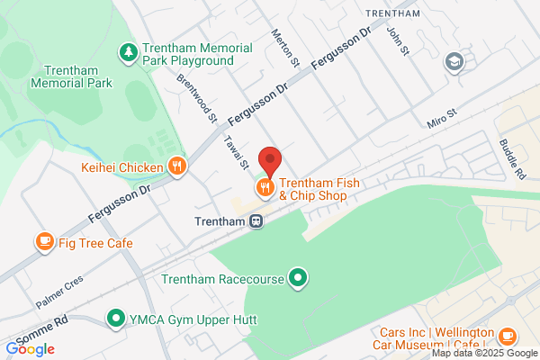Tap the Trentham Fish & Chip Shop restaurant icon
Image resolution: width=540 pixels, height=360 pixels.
[264, 187]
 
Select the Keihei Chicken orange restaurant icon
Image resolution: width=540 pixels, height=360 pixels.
[177, 166]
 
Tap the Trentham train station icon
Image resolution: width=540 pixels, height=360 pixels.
[256, 220]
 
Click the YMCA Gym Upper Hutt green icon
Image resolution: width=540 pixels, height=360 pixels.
[116, 318]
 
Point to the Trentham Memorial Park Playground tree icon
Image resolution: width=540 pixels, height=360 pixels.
[128, 53]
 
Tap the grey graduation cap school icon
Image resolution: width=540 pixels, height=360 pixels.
[454, 62]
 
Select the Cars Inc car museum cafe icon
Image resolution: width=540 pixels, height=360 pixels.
[507, 337]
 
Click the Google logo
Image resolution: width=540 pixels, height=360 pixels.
[30, 349]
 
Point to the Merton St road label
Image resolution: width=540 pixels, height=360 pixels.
[284, 46]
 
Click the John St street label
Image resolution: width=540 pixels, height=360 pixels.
[394, 40]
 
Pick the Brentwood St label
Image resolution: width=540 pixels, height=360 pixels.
[198, 97]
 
